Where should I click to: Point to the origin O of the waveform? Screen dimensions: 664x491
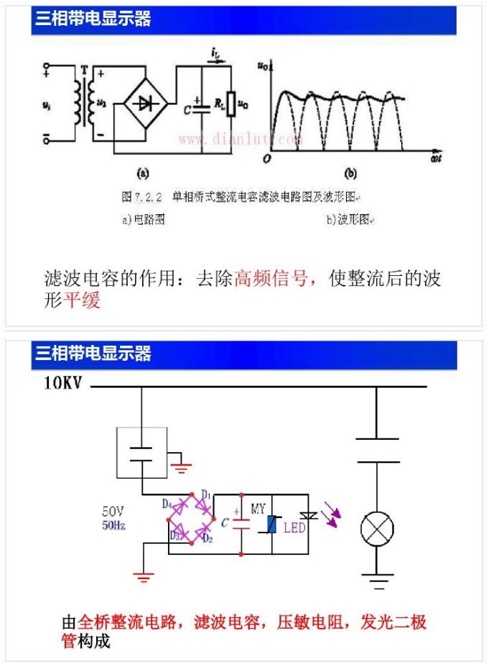tap(266, 157)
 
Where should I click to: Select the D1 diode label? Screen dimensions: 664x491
tap(206, 494)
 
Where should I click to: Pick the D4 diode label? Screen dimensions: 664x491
tap(167, 504)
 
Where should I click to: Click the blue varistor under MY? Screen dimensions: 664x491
tap(272, 525)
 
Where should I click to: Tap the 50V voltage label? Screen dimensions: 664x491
tap(113, 512)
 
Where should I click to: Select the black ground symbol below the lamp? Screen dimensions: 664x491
tap(376, 574)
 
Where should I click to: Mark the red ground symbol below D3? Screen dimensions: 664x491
tap(144, 574)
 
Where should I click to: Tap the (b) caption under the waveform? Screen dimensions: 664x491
tap(350, 173)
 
